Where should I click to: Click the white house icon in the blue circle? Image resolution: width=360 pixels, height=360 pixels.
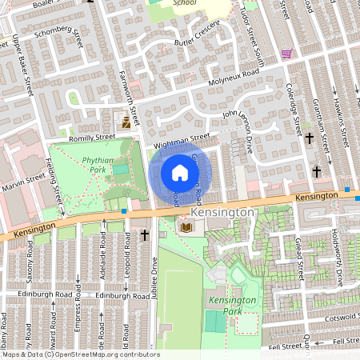click(x=180, y=173)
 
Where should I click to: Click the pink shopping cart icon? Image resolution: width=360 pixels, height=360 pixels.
click(x=286, y=54)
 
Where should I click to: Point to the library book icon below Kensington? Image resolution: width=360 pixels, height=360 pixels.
click(x=186, y=228)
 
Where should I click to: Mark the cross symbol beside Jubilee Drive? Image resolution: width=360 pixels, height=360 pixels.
click(x=146, y=235)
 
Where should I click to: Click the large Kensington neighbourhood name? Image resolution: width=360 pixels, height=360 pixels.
click(x=223, y=214)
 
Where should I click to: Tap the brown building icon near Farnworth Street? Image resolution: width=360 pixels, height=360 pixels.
click(x=126, y=122)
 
